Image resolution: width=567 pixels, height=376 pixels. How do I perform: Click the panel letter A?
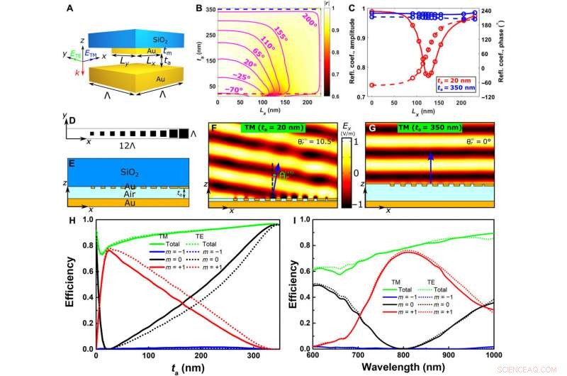point(68,9)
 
